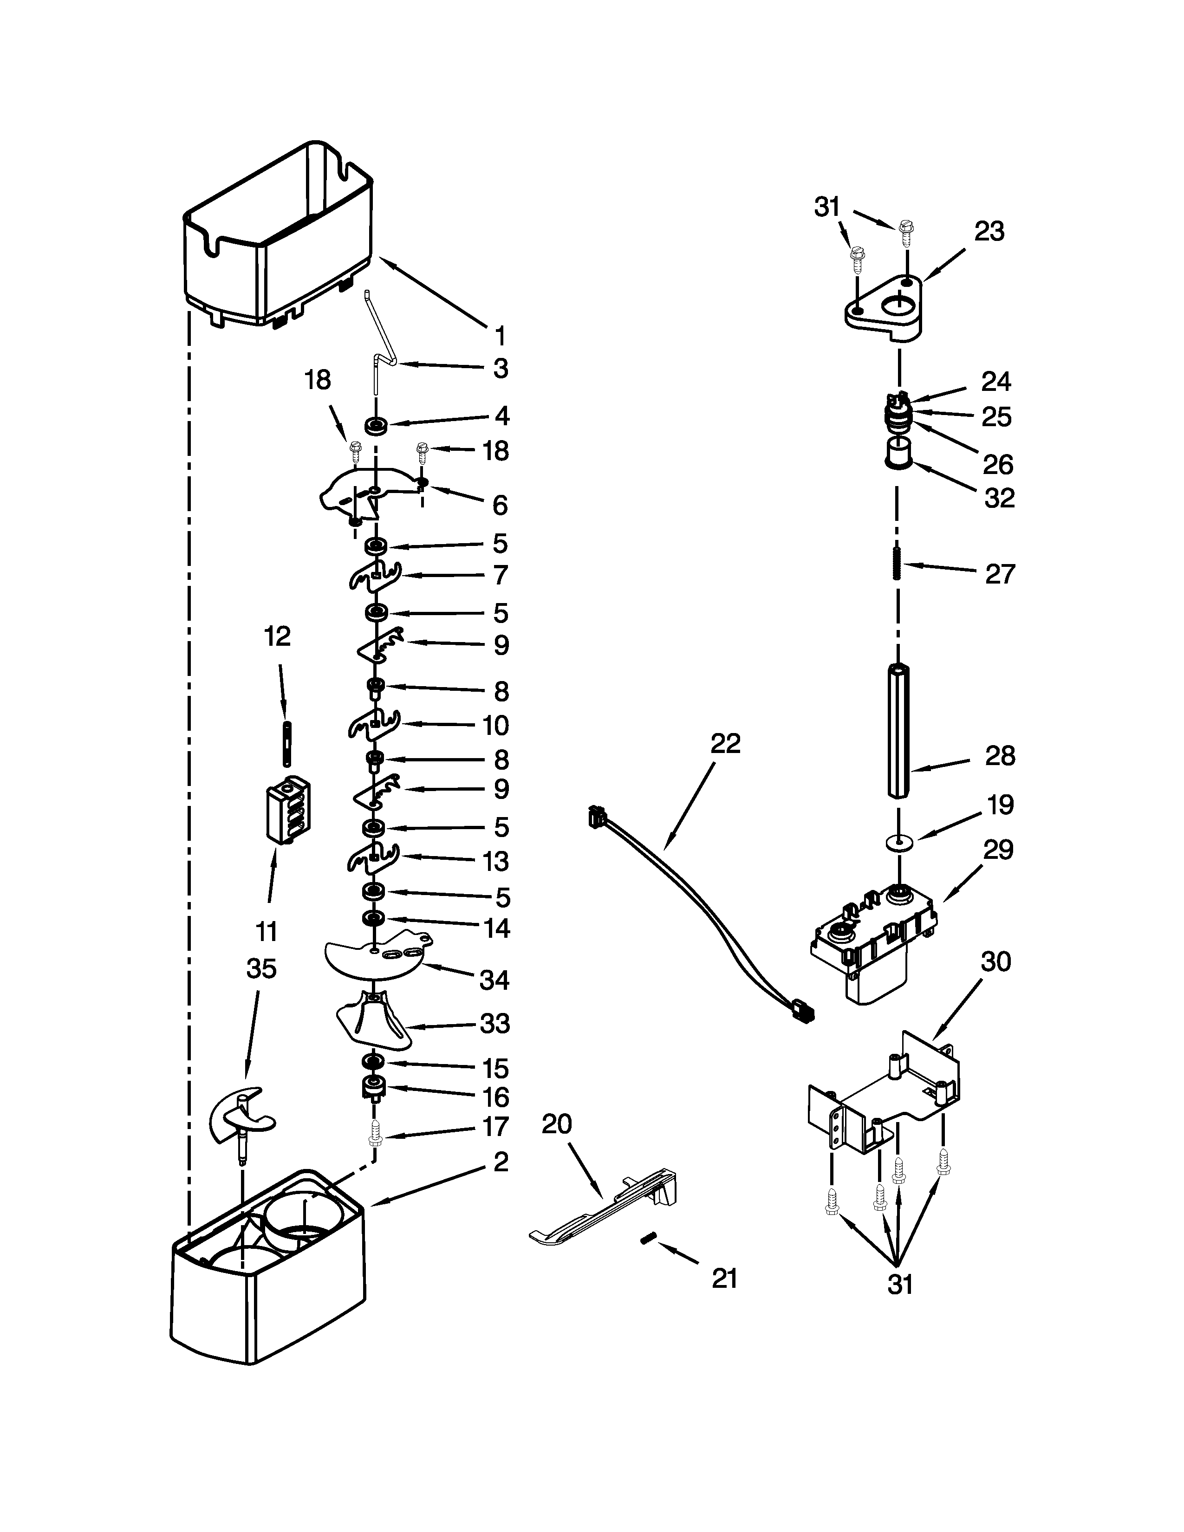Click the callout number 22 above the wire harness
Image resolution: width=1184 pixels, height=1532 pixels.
(x=725, y=744)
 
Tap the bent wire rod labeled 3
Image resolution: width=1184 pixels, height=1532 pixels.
(x=379, y=344)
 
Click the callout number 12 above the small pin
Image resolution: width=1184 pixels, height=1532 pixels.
(x=277, y=636)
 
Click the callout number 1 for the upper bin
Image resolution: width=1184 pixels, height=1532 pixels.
(x=500, y=336)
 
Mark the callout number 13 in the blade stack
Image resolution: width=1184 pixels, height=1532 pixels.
(x=495, y=861)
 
